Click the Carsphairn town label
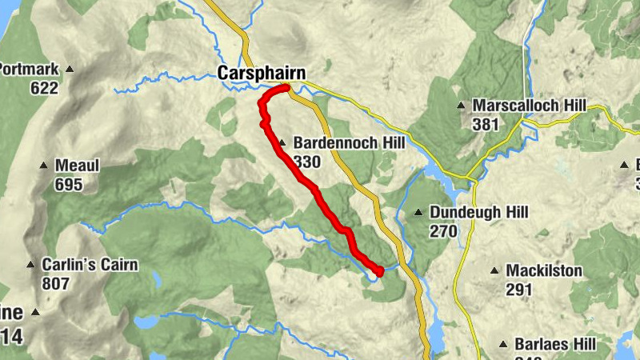point(261,74)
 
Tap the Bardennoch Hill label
point(349,144)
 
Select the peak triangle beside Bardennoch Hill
point(282,144)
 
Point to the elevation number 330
point(306,162)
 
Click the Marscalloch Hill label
point(530,106)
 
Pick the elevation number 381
point(486,124)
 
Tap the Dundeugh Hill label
point(479,213)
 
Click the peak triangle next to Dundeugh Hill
point(418,213)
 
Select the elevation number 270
point(442,231)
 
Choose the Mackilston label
point(544,271)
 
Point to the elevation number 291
point(519,290)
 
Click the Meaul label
point(77,166)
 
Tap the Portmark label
point(29,69)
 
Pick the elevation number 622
point(45,88)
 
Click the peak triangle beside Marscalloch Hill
point(461,106)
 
